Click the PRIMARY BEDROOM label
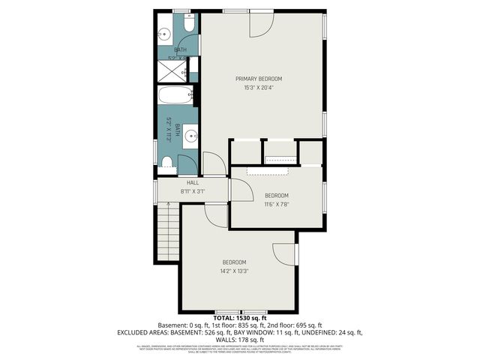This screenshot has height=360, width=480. coord(259,79)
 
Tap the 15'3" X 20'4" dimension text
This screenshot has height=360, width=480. coord(259,88)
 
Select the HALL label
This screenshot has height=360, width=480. coord(192,183)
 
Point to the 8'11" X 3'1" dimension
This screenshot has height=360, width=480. coord(192,191)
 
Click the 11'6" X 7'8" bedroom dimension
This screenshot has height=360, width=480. coord(276,203)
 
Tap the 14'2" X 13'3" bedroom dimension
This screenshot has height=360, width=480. coord(234,271)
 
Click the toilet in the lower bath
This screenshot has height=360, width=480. coord(168,164)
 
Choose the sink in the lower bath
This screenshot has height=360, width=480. coord(190,136)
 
